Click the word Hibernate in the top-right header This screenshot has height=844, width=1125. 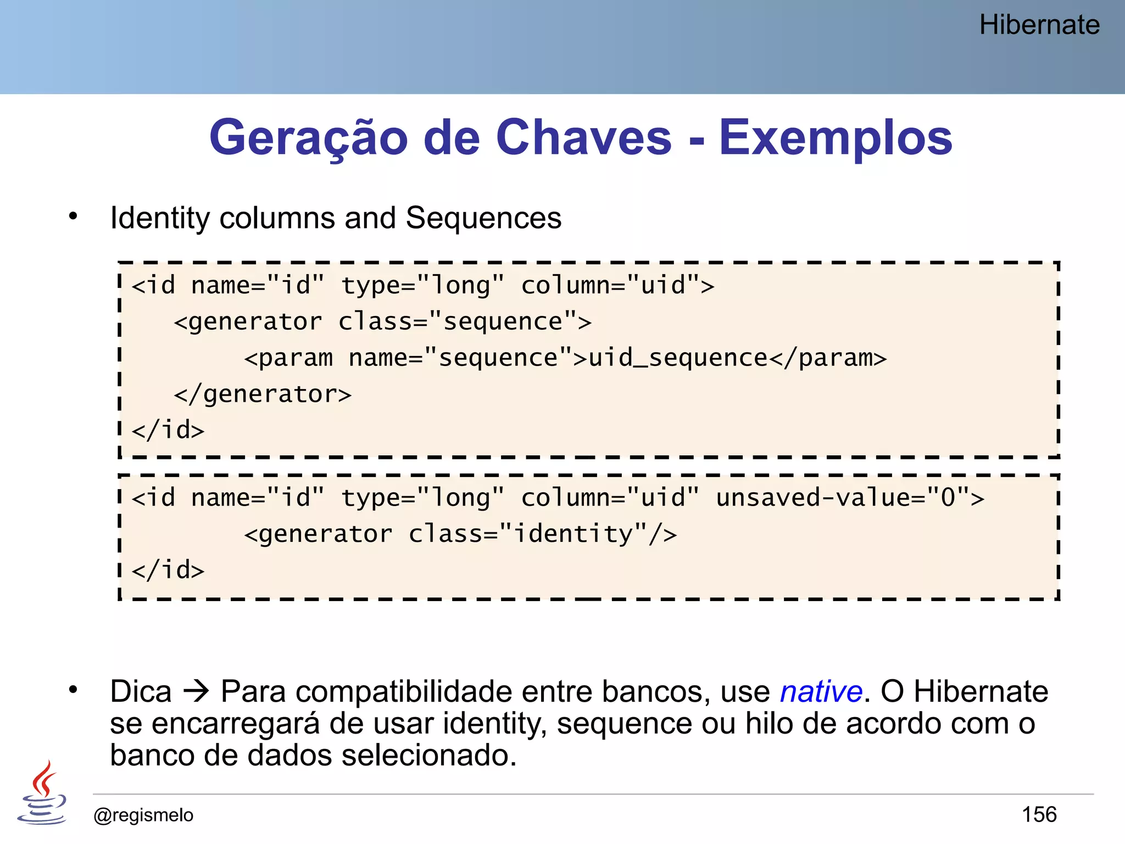coord(1039,25)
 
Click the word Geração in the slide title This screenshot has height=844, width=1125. coord(308,137)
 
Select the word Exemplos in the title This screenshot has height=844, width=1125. coord(836,137)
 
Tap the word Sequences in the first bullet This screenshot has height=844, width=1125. coord(483,218)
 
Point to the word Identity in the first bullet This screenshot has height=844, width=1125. coord(160,218)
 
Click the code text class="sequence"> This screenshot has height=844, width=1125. coord(465,321)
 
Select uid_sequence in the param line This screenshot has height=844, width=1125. coord(678,358)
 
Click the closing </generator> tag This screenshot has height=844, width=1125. coord(263,395)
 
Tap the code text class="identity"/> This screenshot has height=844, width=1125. coord(543,534)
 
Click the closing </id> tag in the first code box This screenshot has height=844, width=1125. coord(168,430)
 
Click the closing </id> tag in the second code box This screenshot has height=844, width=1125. coord(168,570)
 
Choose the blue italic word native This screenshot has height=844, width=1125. coord(821,691)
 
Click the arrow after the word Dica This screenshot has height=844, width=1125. coord(196,691)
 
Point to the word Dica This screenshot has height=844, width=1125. coord(141,691)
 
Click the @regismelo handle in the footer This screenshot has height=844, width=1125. coord(143,815)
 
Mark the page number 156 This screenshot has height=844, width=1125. coord(1039,814)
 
